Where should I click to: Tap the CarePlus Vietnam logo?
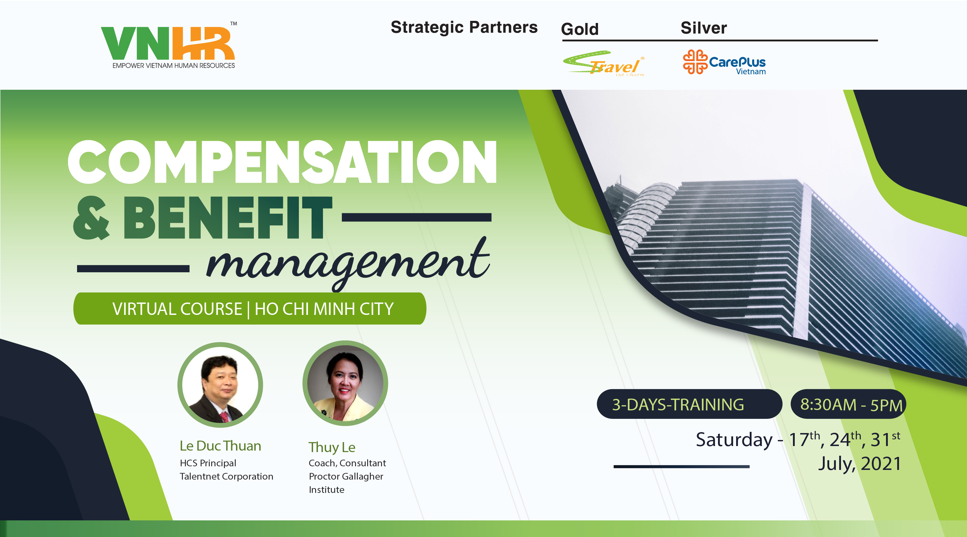tap(724, 62)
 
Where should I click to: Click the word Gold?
tap(580, 29)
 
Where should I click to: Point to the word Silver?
tap(703, 28)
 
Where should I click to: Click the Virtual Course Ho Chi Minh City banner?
tap(250, 308)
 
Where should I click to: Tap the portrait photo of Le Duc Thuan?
tap(220, 385)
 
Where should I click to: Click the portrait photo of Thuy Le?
tap(345, 383)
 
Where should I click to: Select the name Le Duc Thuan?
tap(220, 446)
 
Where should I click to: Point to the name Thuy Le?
tap(332, 447)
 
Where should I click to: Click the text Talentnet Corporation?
tap(226, 476)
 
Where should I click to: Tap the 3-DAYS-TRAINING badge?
tap(689, 404)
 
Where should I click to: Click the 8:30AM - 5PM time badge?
tap(848, 404)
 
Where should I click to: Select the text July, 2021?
tap(860, 464)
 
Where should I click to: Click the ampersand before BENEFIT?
tap(91, 218)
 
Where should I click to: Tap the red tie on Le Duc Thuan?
tap(225, 416)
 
